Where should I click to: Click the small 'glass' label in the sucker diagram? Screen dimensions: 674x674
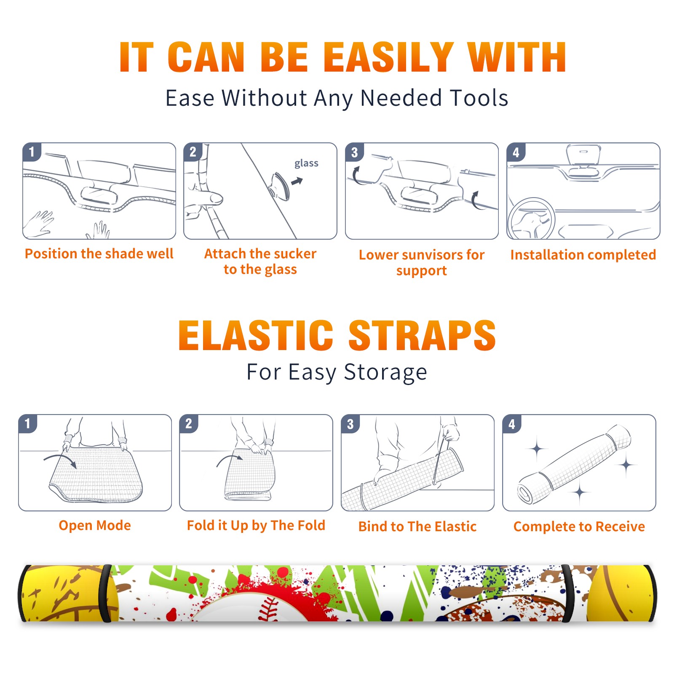(306, 163)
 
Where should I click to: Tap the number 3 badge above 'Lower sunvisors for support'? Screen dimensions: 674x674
(354, 152)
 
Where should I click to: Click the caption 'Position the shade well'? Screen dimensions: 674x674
(99, 254)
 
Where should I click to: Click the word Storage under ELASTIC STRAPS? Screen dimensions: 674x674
(385, 372)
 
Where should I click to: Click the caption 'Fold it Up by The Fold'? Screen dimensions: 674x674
(256, 525)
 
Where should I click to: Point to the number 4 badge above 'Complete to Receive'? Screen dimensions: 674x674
(512, 424)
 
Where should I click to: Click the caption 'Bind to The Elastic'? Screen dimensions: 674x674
(417, 527)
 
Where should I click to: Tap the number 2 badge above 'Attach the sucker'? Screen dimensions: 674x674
(193, 152)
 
